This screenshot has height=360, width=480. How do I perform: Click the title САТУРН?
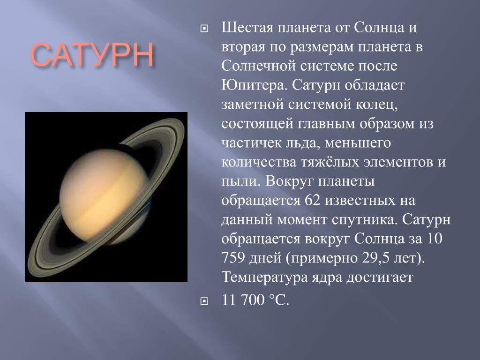tap(91, 54)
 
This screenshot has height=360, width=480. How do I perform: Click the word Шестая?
tap(247, 28)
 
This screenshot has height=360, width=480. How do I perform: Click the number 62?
tap(313, 201)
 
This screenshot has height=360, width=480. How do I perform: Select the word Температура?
tap(264, 277)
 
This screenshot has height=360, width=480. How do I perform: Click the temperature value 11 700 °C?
tap(255, 300)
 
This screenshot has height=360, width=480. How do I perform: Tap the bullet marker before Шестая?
tap(204, 29)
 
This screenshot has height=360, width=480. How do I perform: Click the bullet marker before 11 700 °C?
tap(204, 301)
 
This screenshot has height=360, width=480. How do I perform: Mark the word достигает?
tap(380, 277)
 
